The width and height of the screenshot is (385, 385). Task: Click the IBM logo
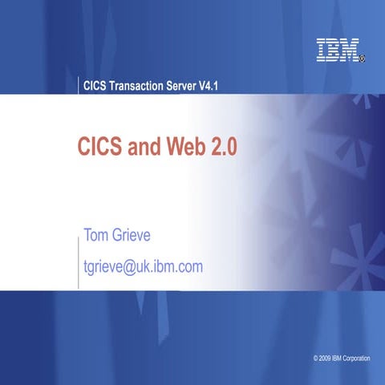(337, 51)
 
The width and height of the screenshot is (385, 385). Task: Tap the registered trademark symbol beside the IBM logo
(363, 59)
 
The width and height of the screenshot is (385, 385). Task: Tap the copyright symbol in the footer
(316, 356)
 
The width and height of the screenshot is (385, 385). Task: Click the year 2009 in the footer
(328, 356)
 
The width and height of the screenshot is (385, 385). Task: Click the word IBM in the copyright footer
(342, 356)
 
